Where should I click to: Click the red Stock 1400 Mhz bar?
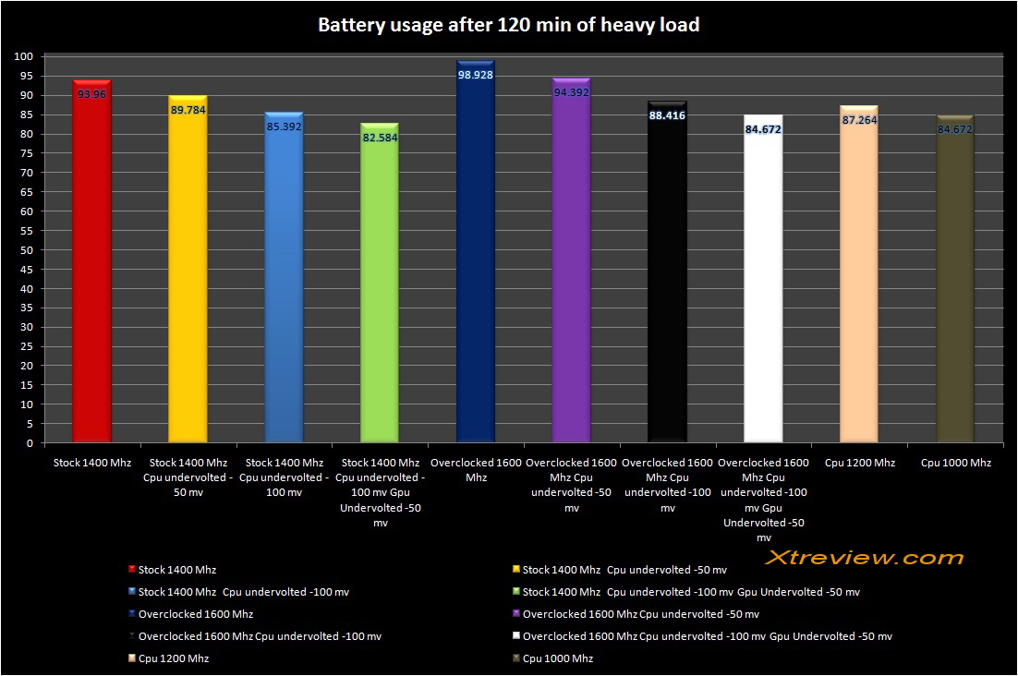click(x=91, y=268)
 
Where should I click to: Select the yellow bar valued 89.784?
click(x=188, y=277)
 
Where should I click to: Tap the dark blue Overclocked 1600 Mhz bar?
click(x=476, y=268)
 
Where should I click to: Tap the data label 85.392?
click(x=284, y=127)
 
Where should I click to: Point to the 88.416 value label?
click(x=667, y=115)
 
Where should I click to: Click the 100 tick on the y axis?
click(x=24, y=56)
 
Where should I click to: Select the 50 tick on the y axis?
click(x=28, y=249)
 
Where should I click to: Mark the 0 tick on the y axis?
click(x=30, y=443)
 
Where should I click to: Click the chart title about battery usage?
click(x=508, y=25)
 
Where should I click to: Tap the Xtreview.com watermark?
click(x=865, y=557)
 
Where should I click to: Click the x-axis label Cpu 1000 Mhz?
click(x=955, y=463)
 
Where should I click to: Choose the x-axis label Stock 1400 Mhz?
click(x=91, y=463)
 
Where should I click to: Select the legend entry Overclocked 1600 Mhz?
click(x=195, y=614)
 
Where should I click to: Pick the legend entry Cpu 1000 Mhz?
click(x=557, y=658)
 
